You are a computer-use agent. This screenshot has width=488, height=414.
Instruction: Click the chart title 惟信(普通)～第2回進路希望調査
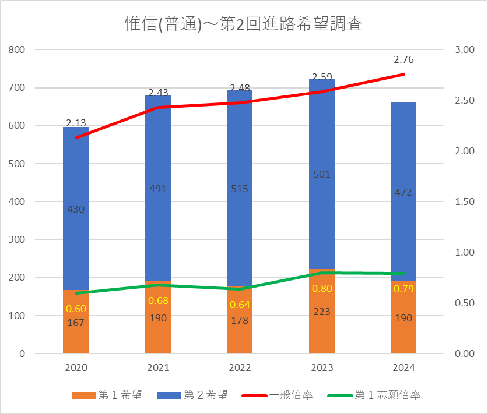click(244, 24)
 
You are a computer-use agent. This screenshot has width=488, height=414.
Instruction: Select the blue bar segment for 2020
click(76, 208)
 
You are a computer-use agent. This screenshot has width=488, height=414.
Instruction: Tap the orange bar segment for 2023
click(322, 311)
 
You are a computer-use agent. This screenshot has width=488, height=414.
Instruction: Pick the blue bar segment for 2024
click(403, 192)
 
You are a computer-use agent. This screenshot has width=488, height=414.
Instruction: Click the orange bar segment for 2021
click(158, 317)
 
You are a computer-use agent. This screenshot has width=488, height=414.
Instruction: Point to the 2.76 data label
click(403, 59)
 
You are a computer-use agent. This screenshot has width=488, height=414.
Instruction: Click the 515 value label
click(240, 189)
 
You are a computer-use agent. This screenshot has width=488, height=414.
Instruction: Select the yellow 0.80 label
click(322, 288)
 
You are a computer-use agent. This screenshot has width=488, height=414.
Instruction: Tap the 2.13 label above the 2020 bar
click(76, 123)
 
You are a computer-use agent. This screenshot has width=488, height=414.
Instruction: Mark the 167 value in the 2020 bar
click(76, 323)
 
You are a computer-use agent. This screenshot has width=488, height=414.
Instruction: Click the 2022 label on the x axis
click(240, 367)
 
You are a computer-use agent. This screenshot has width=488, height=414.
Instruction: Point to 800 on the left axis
click(17, 49)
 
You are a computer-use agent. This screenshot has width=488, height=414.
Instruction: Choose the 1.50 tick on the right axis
click(465, 201)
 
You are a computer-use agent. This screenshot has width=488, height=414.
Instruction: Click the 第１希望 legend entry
click(107, 395)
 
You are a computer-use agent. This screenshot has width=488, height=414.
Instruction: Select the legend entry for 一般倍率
click(277, 395)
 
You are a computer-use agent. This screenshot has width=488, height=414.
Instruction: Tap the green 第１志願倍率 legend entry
click(374, 395)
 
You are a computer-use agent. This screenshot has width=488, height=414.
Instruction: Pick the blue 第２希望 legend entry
click(192, 395)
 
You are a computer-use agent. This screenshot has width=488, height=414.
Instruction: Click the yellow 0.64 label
click(240, 305)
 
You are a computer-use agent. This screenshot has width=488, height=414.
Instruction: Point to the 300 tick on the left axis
click(17, 240)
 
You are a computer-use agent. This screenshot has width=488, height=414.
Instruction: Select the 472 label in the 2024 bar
click(403, 192)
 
